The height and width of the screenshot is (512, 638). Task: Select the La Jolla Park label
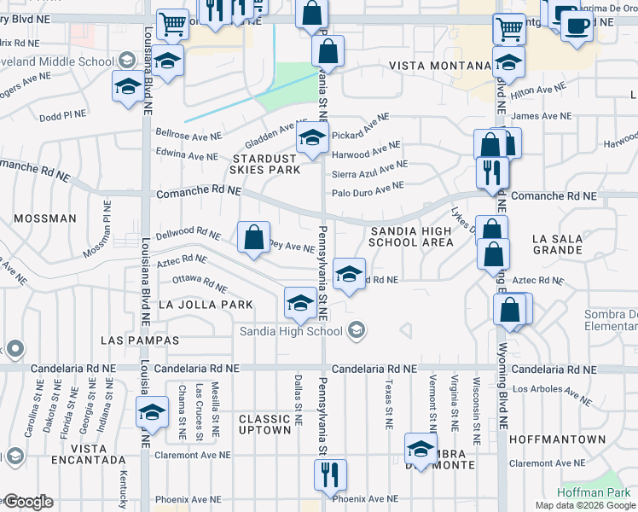tap(206, 305)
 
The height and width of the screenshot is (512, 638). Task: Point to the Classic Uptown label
tap(264, 424)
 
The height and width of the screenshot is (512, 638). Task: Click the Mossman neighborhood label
tap(38, 218)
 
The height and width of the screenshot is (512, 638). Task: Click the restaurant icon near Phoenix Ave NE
tap(330, 474)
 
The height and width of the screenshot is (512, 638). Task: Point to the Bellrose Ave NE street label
tap(188, 134)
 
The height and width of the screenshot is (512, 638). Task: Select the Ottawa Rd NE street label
tap(200, 282)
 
